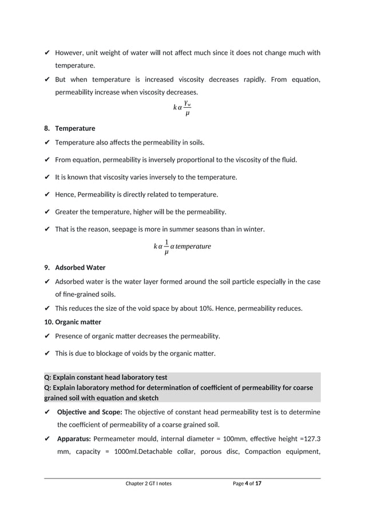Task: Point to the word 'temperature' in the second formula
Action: [193, 246]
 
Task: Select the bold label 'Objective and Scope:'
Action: [89, 412]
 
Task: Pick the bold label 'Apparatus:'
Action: [74, 439]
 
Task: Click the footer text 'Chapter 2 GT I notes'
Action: [148, 484]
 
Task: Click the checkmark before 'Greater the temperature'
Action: [47, 212]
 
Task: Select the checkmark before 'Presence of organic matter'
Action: [47, 336]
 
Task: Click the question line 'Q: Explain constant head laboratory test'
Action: [106, 378]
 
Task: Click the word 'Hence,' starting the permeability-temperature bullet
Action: [65, 194]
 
